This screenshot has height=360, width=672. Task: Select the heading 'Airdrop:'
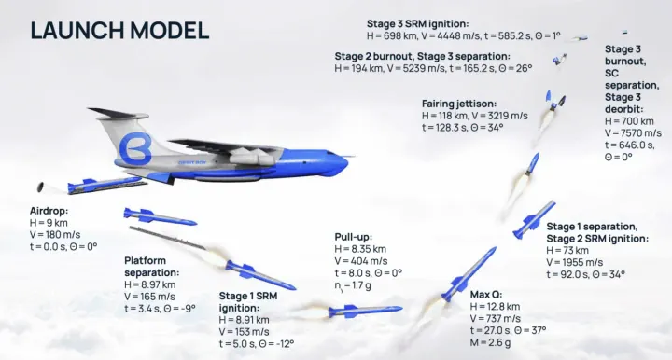[x=49, y=212]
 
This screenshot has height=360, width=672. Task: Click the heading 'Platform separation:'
[x=152, y=267]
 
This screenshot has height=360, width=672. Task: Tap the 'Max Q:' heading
[x=486, y=294]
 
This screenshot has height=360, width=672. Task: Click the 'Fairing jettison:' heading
[x=458, y=104]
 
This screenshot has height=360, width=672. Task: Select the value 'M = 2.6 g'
[x=492, y=341]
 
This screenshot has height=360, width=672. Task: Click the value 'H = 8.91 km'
[x=245, y=319]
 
